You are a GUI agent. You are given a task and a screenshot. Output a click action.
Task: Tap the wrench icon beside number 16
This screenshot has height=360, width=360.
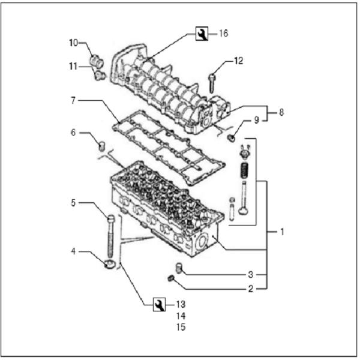202,34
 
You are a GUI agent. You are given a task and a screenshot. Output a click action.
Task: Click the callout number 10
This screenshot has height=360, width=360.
73,43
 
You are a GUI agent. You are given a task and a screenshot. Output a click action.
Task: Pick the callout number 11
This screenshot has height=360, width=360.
73,66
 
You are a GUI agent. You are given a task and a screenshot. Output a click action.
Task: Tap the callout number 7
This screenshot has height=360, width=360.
73,100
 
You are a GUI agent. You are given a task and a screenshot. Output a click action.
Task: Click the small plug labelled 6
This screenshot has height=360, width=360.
102,145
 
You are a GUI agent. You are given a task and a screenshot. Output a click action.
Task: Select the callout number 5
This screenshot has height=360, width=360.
73,203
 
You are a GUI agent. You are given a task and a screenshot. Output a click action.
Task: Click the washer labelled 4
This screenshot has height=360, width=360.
110,264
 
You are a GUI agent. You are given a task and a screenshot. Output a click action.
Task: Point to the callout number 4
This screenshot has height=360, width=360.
73,251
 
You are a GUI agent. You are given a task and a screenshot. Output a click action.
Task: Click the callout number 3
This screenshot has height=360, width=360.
251,274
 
